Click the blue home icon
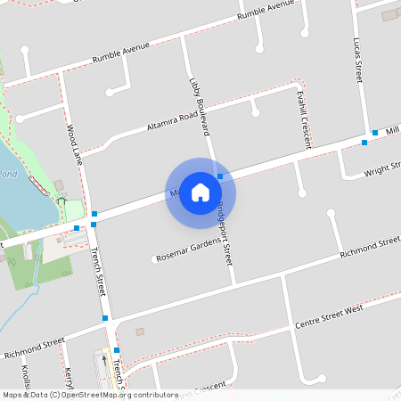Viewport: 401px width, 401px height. pyautogui.click(x=200, y=192)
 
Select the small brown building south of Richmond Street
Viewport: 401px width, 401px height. pyautogui.click(x=140, y=331)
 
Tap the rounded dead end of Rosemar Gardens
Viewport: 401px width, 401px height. pyautogui.click(x=153, y=260)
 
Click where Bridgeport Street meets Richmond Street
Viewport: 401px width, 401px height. pyautogui.click(x=234, y=283)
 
